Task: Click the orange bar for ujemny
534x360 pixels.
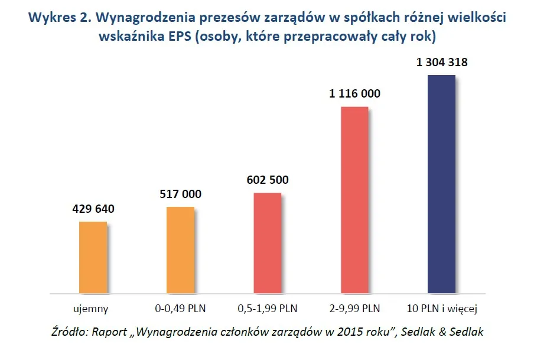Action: pos(93,257)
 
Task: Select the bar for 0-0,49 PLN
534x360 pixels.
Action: pos(180,249)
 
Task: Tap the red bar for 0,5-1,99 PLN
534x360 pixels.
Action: pos(267,242)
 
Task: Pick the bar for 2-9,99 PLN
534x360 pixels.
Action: pos(354,199)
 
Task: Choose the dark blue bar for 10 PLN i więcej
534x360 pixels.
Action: pos(441,184)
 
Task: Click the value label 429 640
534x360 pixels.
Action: pos(93,209)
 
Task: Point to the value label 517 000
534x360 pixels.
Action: pos(180,194)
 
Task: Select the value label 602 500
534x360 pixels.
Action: pos(267,180)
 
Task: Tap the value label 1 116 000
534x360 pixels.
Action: pos(354,93)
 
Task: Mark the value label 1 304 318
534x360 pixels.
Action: pos(441,62)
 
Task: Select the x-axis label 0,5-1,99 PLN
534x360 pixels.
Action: pos(267,308)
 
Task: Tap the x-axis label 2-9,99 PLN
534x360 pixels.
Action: pos(354,308)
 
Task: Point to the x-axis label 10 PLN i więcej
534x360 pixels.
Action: pos(441,308)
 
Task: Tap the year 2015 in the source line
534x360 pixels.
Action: pos(351,332)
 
